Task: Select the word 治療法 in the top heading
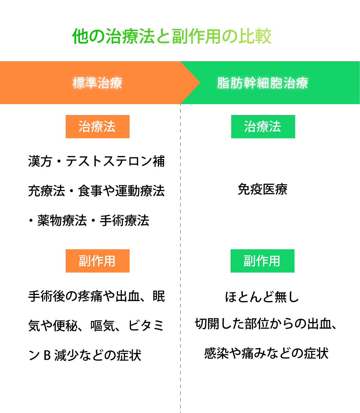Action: [130, 36]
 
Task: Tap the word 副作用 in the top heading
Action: [197, 36]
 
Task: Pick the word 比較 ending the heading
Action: [255, 36]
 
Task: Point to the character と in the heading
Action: [163, 36]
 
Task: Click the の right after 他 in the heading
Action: [97, 36]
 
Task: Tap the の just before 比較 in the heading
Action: [230, 36]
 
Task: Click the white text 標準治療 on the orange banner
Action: [97, 83]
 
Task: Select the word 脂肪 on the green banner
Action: [230, 83]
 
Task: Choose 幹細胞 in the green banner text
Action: [263, 83]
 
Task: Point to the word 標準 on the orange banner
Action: [85, 83]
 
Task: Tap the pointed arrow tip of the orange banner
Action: [198, 83]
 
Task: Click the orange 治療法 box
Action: [97, 127]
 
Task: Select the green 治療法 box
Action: [263, 127]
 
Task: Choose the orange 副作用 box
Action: [97, 261]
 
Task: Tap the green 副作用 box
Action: [262, 261]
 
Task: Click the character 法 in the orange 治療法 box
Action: [109, 127]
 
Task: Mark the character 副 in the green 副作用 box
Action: [250, 261]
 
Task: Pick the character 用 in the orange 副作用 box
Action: [109, 261]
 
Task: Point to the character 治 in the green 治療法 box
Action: [250, 127]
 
